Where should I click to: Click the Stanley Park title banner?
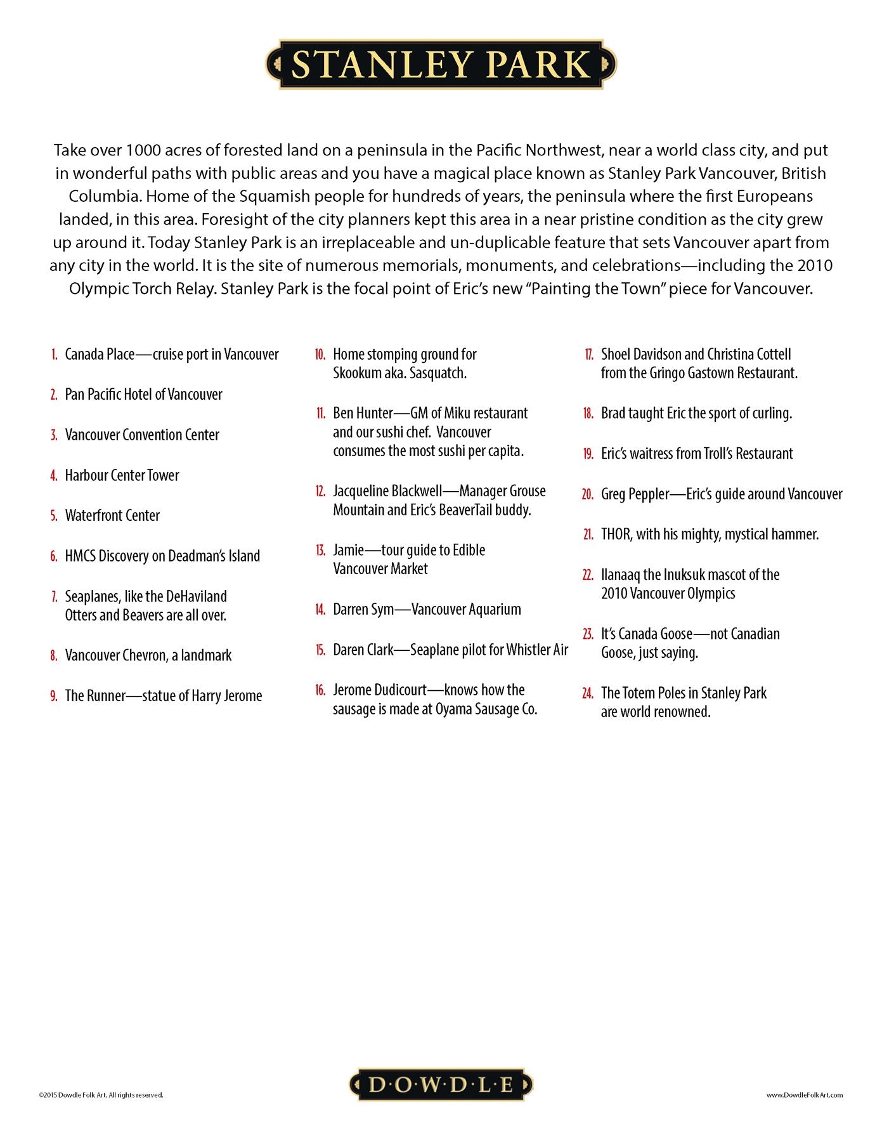click(x=441, y=64)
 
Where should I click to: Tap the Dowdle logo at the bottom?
click(x=441, y=1084)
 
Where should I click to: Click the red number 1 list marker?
click(x=55, y=355)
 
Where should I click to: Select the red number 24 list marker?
click(x=587, y=693)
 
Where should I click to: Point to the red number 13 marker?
click(x=320, y=551)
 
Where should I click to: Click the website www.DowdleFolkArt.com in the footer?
click(x=804, y=1095)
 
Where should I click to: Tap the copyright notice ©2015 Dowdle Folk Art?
click(x=101, y=1095)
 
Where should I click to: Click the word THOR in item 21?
click(x=616, y=534)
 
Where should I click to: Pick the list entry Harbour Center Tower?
click(x=122, y=475)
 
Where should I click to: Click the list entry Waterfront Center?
click(x=112, y=515)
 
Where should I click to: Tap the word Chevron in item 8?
click(x=144, y=655)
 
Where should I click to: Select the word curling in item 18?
click(x=772, y=414)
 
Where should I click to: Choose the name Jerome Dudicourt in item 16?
click(x=379, y=690)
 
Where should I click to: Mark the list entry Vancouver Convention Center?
click(x=142, y=435)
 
